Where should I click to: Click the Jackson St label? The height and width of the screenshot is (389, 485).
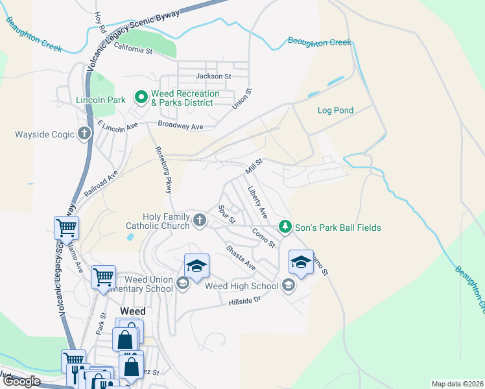tap(213, 77)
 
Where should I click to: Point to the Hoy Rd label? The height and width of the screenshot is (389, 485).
tap(100, 23)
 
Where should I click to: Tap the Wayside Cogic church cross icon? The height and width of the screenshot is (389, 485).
tap(84, 135)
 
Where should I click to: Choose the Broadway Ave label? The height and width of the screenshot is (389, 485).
tap(181, 126)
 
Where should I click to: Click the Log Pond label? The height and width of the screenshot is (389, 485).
tap(335, 110)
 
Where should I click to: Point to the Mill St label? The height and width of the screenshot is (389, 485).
tap(254, 166)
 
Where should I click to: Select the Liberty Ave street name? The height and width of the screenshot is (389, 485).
tap(258, 202)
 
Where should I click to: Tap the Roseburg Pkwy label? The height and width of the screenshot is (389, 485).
tap(163, 169)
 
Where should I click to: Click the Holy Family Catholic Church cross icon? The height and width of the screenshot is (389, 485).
tap(200, 221)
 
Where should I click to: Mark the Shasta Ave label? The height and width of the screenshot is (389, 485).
tap(241, 258)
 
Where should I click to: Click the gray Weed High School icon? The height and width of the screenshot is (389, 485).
tap(288, 285)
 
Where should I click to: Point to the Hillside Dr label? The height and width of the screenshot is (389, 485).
tap(244, 301)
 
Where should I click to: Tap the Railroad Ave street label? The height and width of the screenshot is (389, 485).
tap(101, 185)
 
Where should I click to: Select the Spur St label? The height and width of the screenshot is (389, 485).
tap(226, 215)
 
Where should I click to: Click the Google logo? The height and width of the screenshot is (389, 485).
tap(21, 381)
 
